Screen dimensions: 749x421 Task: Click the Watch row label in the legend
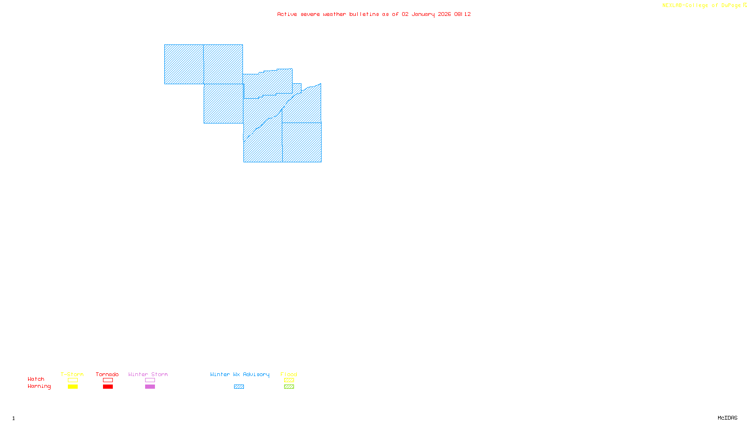36,379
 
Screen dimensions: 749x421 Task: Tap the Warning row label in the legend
39,386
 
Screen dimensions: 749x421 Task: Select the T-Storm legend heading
72,374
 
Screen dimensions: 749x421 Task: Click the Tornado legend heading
107,374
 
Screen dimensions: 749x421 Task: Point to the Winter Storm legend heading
148,374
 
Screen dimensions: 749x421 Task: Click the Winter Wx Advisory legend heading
240,374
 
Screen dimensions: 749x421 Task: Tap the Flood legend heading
289,374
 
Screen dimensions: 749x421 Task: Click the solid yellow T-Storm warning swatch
73,387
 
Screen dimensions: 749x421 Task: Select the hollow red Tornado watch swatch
108,380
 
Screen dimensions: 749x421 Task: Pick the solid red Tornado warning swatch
108,387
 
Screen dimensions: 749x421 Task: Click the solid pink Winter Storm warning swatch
150,387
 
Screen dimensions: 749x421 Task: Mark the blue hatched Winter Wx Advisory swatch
239,387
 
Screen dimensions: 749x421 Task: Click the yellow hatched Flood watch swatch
289,380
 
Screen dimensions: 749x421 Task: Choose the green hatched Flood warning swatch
289,387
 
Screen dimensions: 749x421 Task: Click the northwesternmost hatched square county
184,65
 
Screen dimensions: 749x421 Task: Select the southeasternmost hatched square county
302,142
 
